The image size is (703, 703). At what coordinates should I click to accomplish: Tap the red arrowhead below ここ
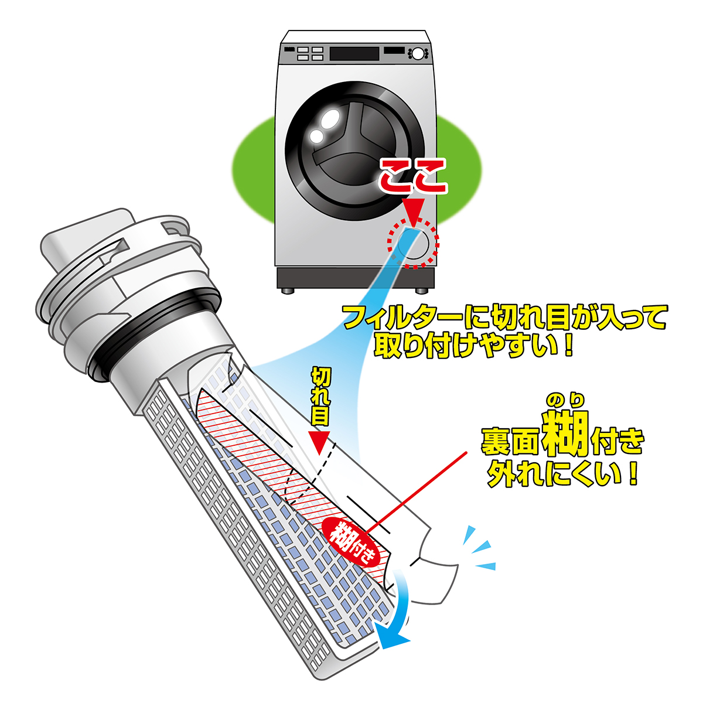[414, 213]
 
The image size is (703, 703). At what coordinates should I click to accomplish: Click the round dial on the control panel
[418, 54]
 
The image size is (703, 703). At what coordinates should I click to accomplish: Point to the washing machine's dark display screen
[354, 54]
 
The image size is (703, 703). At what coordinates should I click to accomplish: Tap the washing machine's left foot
[288, 291]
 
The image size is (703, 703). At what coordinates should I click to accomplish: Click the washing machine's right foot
[422, 291]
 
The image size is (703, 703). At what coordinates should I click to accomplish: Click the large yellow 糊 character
[565, 434]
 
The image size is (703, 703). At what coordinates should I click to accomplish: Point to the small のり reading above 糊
[565, 400]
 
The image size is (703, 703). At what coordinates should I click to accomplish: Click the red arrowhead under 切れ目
[319, 443]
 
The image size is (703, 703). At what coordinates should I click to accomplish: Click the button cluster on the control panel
[310, 53]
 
